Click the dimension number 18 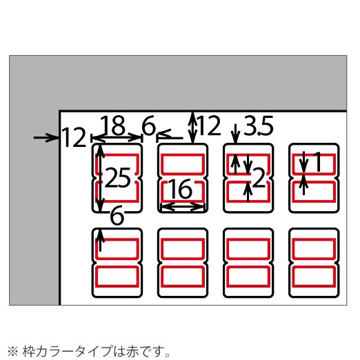113,126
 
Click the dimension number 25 118,178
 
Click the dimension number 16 180,189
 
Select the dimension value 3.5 259,126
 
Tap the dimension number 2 259,177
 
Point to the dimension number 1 318,162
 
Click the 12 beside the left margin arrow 74,137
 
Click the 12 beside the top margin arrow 209,126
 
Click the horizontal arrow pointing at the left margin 46,138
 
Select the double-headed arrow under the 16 183,206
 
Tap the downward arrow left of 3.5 236,134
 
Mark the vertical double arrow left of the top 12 192,128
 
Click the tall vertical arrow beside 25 100,177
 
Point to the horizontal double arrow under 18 117,138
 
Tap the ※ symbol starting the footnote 13,351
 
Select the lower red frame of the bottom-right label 314,277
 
